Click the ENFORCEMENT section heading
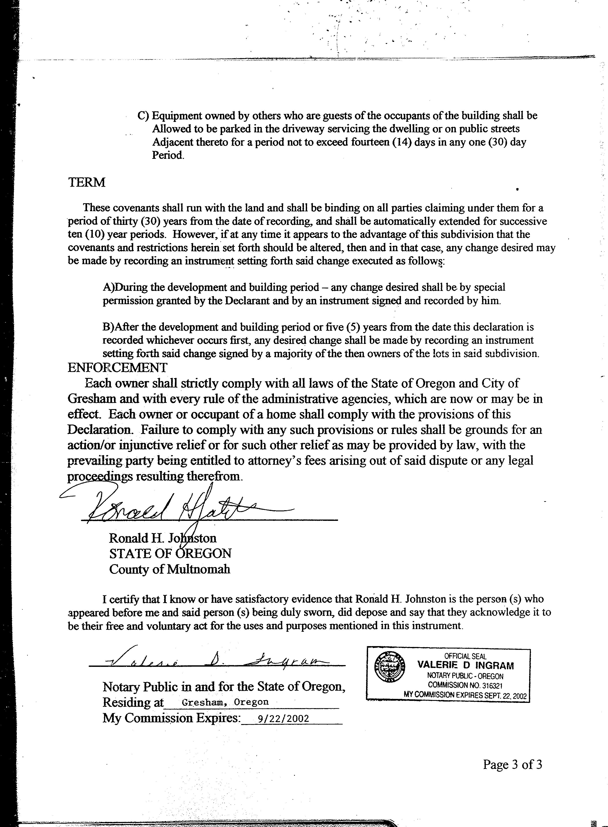(x=117, y=367)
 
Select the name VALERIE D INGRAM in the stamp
(x=465, y=665)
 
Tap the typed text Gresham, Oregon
(x=225, y=702)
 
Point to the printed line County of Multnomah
(x=169, y=569)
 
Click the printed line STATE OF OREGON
(x=170, y=554)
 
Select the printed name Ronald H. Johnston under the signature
(x=162, y=538)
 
